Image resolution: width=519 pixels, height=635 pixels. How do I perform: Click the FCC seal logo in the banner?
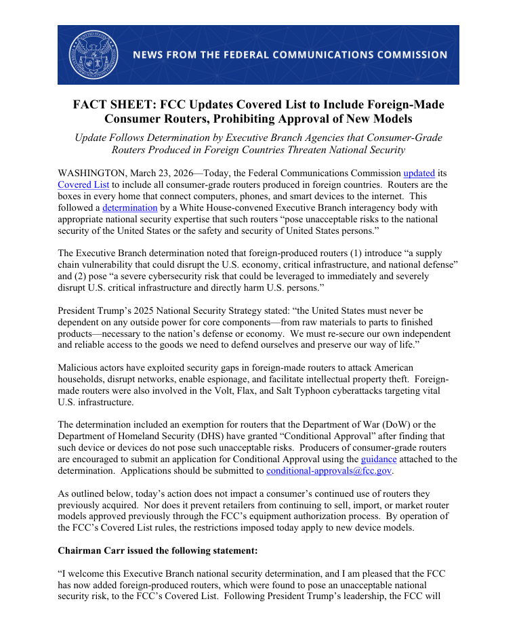(93, 55)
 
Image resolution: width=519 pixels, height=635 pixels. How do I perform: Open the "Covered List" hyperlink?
(81, 185)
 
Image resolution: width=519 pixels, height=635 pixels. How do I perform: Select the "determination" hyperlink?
(130, 208)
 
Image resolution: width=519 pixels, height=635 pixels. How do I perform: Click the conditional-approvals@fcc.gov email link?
(329, 470)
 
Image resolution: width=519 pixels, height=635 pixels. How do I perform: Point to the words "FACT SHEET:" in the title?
(110, 105)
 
